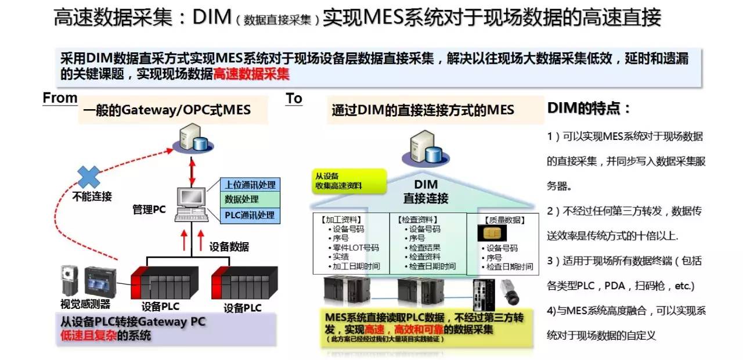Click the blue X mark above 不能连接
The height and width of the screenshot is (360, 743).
pyautogui.click(x=89, y=177)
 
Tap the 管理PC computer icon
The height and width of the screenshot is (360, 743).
pyautogui.click(x=189, y=206)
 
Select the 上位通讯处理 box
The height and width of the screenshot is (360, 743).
pyautogui.click(x=250, y=185)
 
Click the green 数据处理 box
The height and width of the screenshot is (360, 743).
pyautogui.click(x=250, y=200)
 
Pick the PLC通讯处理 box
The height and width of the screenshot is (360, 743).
pyautogui.click(x=250, y=215)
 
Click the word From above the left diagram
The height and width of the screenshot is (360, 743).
pyautogui.click(x=60, y=98)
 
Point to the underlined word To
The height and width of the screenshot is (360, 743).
pyautogui.click(x=294, y=99)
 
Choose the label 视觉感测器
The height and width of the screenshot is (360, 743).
pyautogui.click(x=85, y=304)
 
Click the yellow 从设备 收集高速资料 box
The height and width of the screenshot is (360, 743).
pyautogui.click(x=347, y=181)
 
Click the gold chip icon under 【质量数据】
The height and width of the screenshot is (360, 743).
pyautogui.click(x=492, y=233)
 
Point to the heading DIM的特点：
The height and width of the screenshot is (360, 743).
pyautogui.click(x=589, y=109)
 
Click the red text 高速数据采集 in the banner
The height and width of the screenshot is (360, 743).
pyautogui.click(x=251, y=74)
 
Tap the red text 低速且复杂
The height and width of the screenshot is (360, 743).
pyautogui.click(x=88, y=335)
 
